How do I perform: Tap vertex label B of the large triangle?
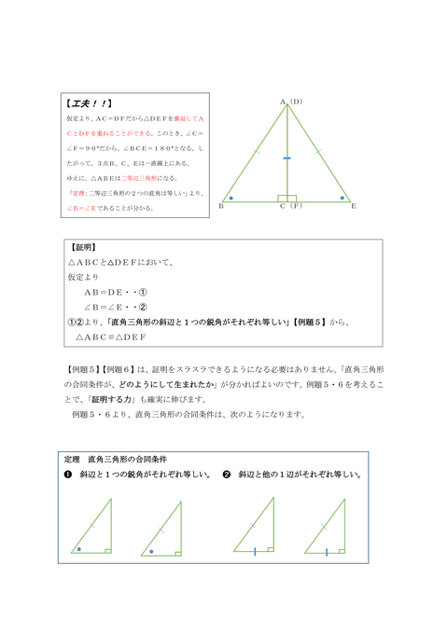[x=222, y=205]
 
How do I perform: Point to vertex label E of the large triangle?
[x=354, y=205]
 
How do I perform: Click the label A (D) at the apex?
[x=290, y=101]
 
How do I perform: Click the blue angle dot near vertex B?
[x=231, y=198]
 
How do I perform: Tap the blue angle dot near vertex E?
[x=343, y=198]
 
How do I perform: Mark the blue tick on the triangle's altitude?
[x=287, y=159]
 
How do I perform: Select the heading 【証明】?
[x=85, y=248]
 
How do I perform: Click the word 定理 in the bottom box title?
[x=73, y=460]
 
